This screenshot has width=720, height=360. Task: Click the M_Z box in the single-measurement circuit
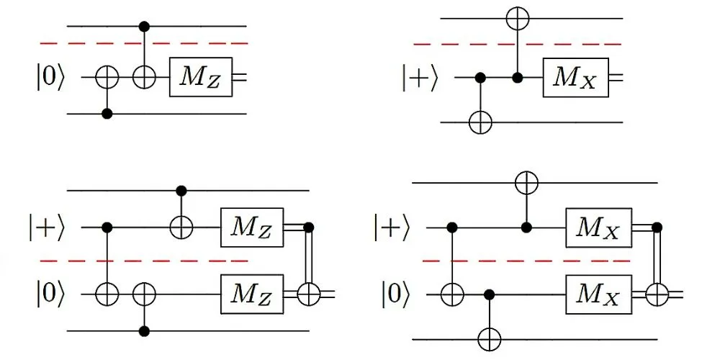(x=200, y=77)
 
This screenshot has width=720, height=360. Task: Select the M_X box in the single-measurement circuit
(x=575, y=77)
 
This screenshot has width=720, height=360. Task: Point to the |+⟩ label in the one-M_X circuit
(x=419, y=77)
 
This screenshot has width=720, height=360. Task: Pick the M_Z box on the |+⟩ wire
(x=252, y=228)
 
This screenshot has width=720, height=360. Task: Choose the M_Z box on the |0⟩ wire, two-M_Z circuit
(x=252, y=294)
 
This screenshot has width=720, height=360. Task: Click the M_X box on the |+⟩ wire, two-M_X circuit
(x=598, y=228)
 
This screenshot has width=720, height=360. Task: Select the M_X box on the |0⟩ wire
(x=598, y=294)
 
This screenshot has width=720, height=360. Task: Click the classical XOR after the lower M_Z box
(x=310, y=294)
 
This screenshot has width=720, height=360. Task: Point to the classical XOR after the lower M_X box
(x=656, y=294)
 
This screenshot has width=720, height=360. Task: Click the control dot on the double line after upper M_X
(x=656, y=228)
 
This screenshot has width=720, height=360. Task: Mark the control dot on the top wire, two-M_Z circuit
(x=179, y=191)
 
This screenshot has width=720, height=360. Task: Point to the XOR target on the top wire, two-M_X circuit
(x=527, y=183)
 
